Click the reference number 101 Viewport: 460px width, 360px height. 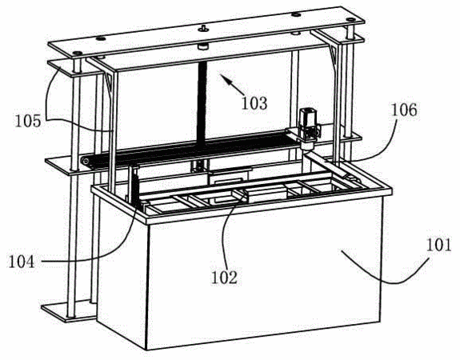point(439,246)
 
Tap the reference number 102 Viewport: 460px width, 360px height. point(225,277)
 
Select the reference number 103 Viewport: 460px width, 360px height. point(254,103)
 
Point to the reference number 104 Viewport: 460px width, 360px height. point(22,262)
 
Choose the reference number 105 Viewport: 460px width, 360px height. point(28,121)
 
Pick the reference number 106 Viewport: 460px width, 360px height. point(404,110)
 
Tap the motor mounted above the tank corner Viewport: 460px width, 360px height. point(307,129)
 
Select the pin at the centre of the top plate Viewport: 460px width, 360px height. point(202,28)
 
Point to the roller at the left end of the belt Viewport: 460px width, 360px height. point(85,161)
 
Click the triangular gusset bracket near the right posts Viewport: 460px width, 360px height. point(334,55)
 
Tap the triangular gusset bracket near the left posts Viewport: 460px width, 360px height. point(109,82)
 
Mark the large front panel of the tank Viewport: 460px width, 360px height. point(264,273)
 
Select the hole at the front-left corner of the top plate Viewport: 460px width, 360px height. point(78,54)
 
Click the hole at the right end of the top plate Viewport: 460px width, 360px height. point(350,19)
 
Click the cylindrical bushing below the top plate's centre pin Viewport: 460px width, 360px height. point(202,46)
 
